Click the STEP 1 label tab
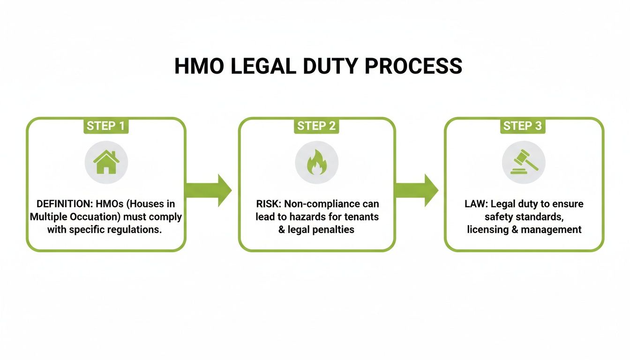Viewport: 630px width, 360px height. [x=105, y=126]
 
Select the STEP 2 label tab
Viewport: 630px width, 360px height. [x=316, y=126]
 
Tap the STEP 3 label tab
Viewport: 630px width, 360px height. [x=522, y=126]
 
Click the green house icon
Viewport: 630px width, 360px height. [x=106, y=162]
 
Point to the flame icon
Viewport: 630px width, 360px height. [x=316, y=162]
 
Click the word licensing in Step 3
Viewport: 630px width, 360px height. [x=488, y=230]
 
